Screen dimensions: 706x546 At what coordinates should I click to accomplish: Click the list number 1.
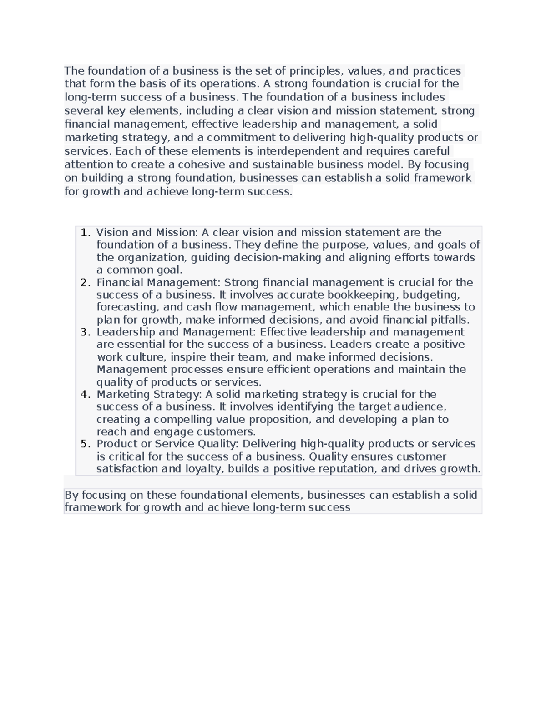coord(85,233)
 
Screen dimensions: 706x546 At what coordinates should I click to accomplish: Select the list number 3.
coord(85,332)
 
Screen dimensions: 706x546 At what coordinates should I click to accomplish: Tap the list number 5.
coord(85,444)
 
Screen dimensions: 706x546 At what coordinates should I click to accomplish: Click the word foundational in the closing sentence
coord(214,495)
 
